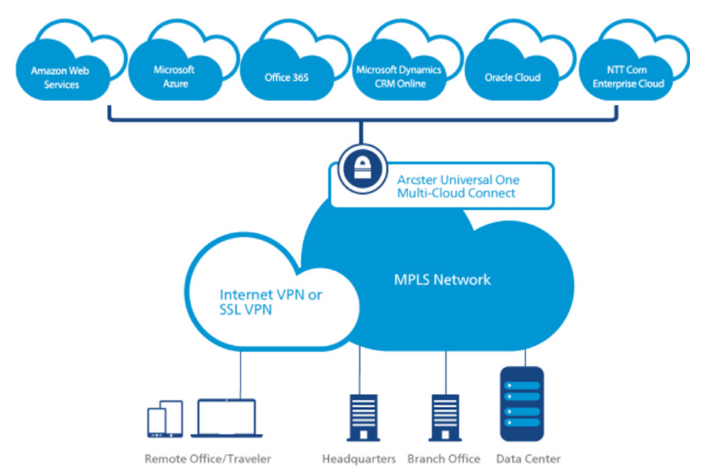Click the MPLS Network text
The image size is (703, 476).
pos(442,279)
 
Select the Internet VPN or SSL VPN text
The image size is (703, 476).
pos(271,302)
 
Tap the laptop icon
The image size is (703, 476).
pos(226,418)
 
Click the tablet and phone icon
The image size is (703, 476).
pos(165,419)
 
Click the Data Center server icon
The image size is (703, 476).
pos(521,404)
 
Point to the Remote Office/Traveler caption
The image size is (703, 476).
pos(207,459)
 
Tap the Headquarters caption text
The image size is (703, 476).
pos(359,459)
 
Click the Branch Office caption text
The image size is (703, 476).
pos(443,459)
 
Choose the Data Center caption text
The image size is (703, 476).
pos(528,459)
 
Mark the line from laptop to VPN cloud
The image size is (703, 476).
pos(240,373)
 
